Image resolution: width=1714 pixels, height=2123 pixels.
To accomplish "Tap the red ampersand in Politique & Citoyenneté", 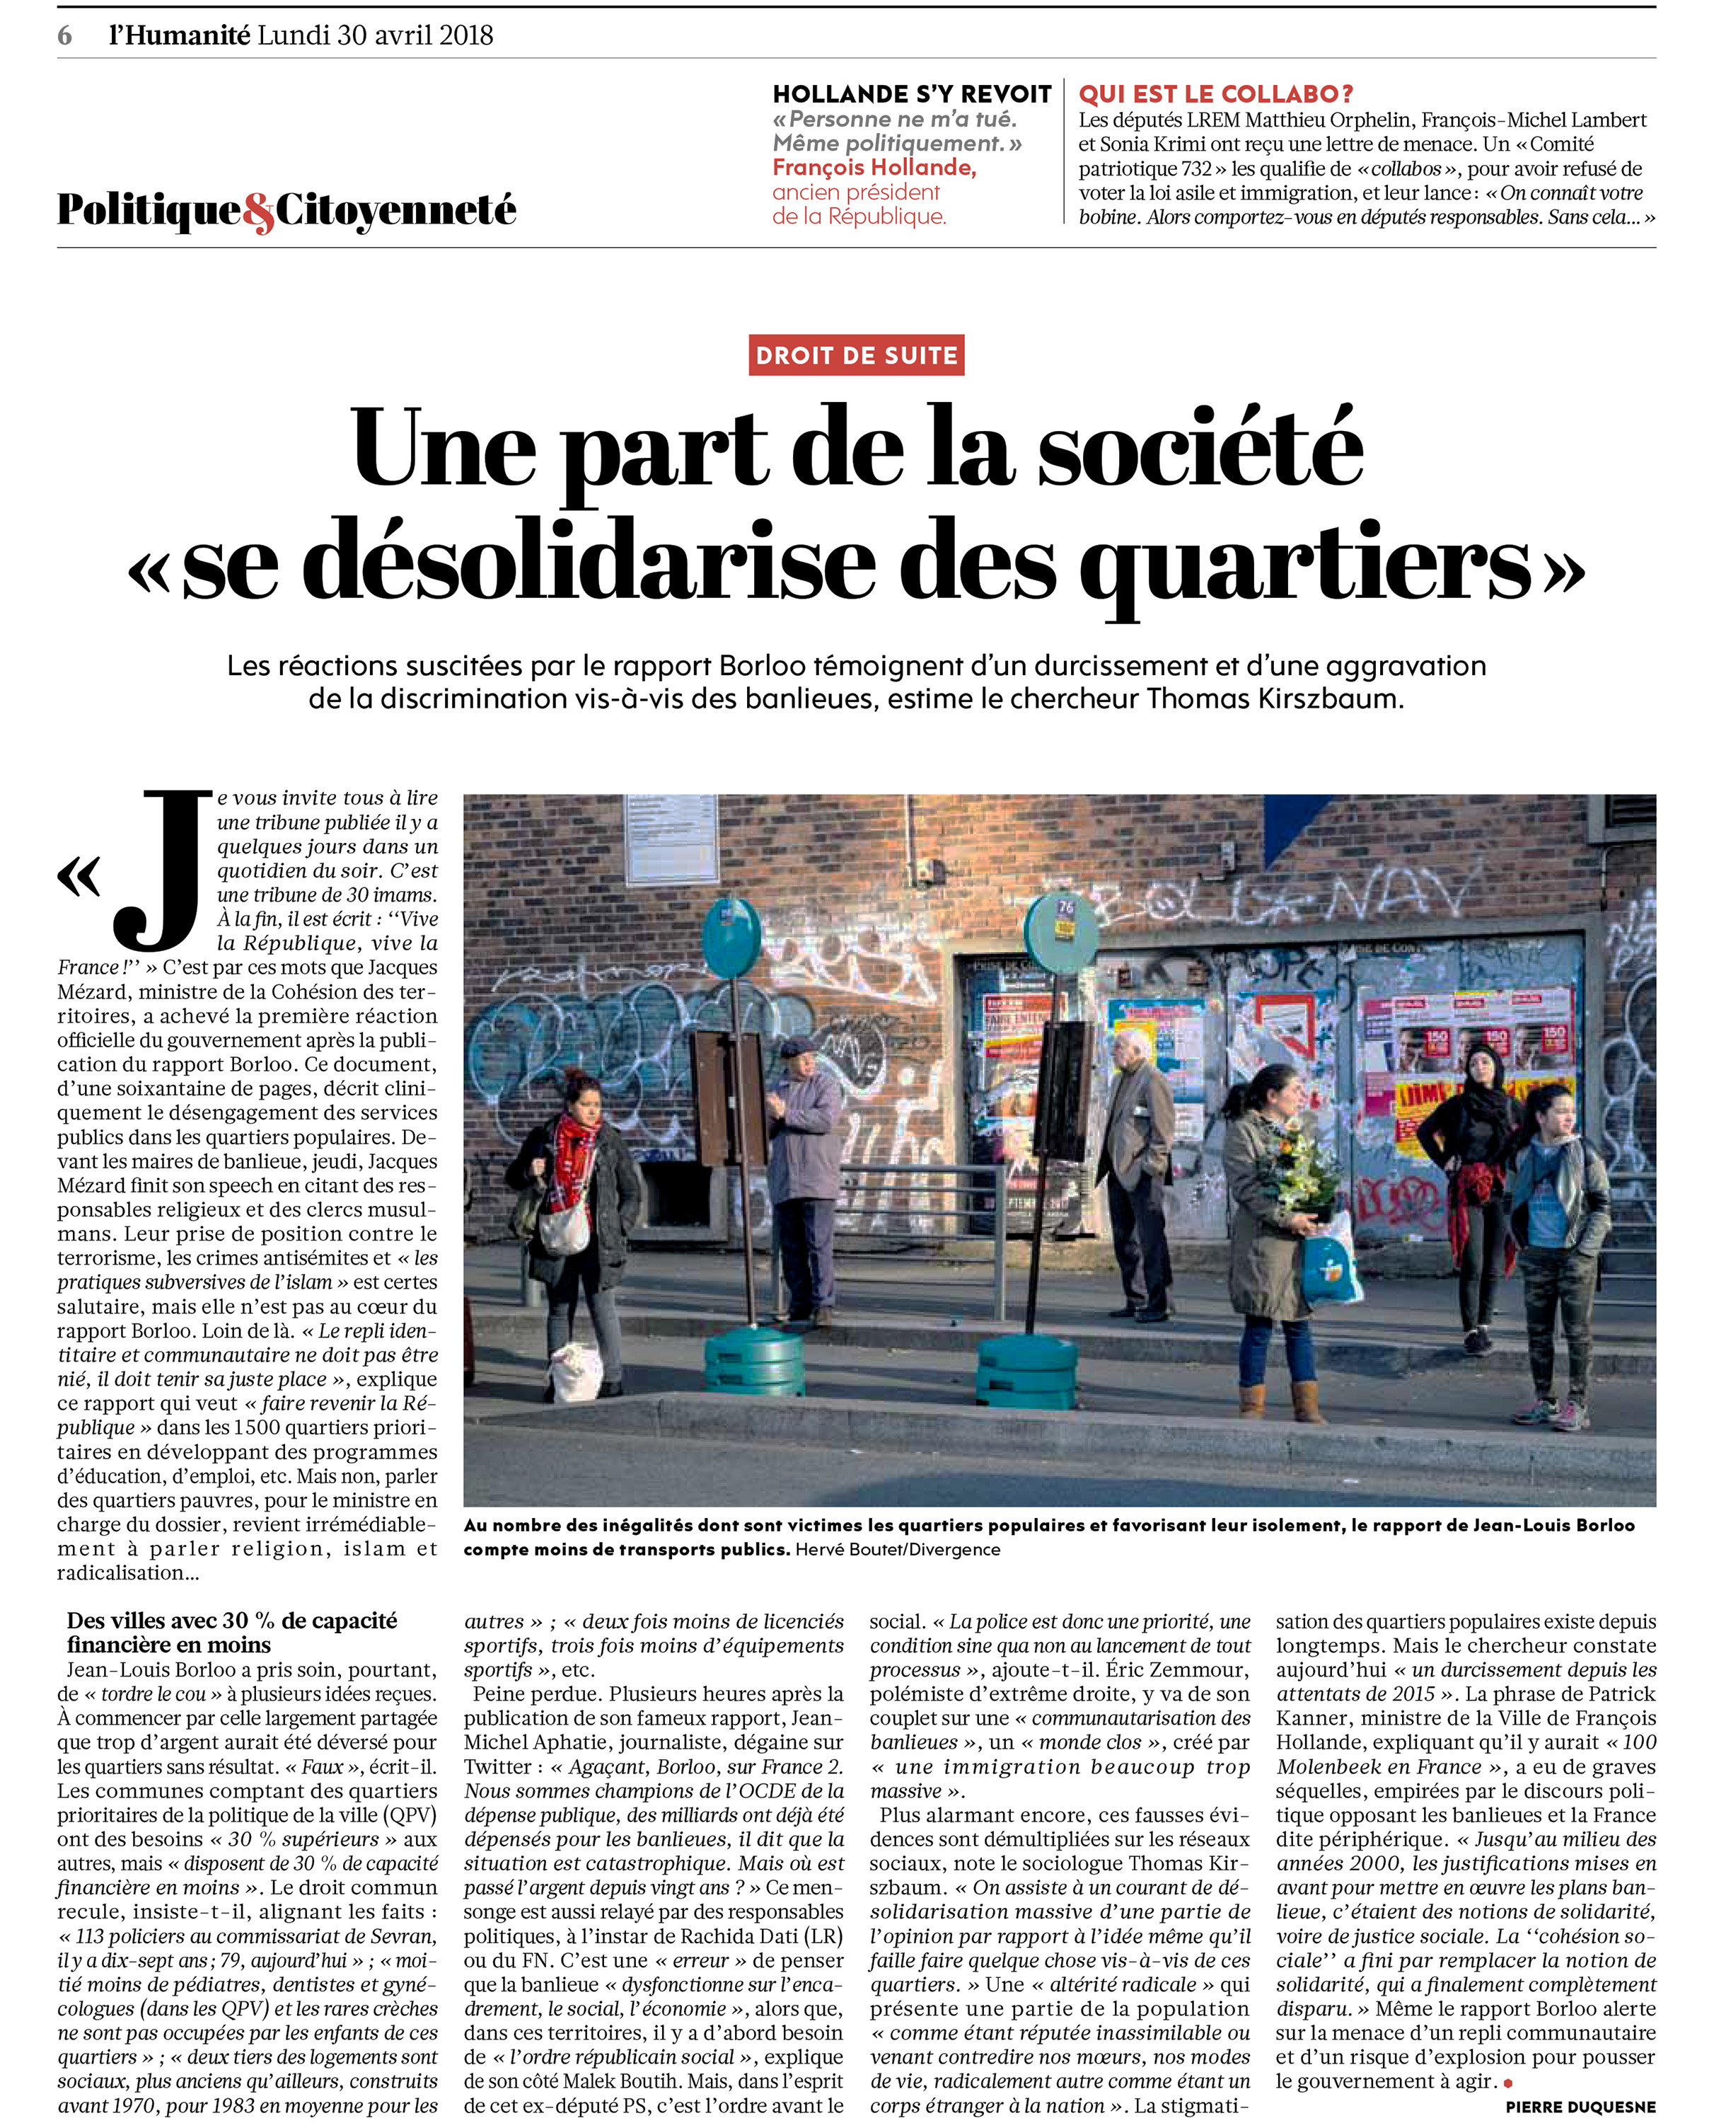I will [259, 212].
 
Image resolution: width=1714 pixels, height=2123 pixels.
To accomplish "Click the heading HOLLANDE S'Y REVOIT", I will [911, 95].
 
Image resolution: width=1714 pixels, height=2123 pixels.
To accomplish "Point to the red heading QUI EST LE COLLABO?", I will [1215, 95].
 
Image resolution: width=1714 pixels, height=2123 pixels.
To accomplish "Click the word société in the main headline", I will [1200, 449].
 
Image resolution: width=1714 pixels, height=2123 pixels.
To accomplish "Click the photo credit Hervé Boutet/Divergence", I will [896, 1549].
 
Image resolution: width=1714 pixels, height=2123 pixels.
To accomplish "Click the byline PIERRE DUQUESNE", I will [1580, 2106].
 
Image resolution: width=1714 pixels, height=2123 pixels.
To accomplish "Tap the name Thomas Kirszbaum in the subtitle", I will [1274, 699].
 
